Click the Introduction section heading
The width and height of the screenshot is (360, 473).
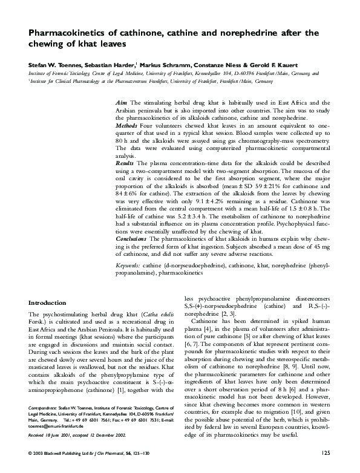(48, 302)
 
